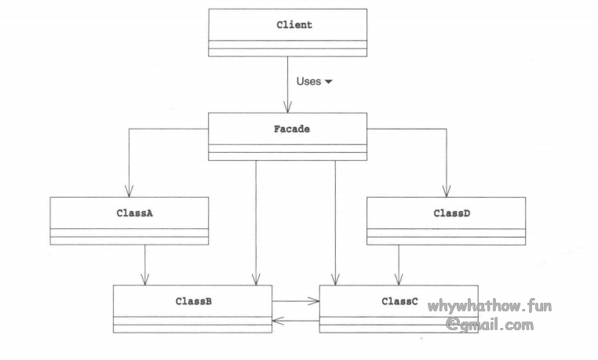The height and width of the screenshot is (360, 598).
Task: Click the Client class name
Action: click(x=294, y=25)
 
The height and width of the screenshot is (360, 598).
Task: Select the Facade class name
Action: click(x=287, y=129)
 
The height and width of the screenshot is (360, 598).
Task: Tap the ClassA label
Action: click(x=129, y=213)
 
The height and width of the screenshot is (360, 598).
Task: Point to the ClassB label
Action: click(x=192, y=300)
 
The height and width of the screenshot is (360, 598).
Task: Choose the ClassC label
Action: click(x=399, y=300)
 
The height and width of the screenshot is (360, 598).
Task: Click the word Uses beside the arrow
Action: click(x=308, y=81)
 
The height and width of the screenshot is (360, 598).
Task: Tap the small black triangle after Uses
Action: click(x=329, y=82)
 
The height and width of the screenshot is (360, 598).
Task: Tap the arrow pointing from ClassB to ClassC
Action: click(x=296, y=300)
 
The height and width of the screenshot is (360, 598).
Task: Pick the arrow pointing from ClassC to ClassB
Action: click(x=296, y=320)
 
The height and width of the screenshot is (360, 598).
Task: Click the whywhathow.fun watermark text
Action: click(x=490, y=307)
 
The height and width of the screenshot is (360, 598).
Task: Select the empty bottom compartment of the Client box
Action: click(x=287, y=53)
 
